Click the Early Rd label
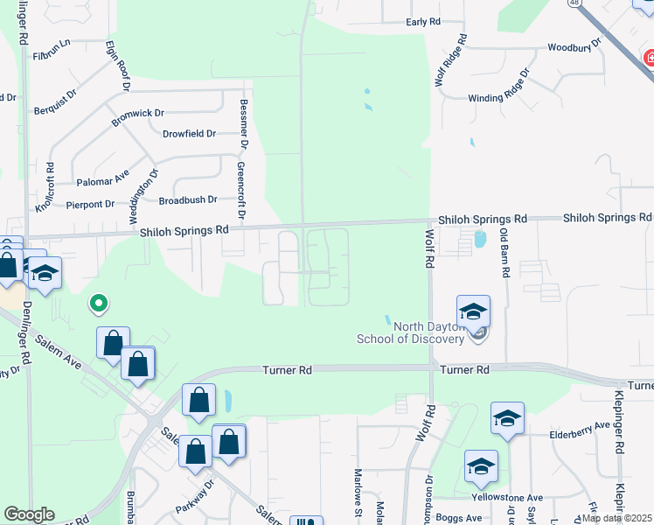pos(423,22)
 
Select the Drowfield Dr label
pos(189,134)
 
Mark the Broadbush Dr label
pos(187,200)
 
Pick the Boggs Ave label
pos(454,517)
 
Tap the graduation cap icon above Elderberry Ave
pos(507,419)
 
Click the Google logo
pos(29,515)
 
